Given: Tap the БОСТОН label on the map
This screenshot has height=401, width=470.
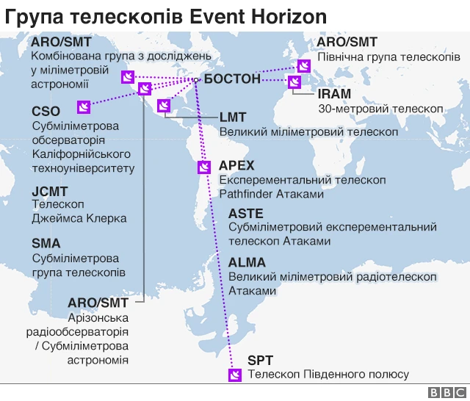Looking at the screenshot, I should pos(231,78).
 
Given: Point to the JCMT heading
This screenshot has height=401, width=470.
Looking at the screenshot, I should pos(50,191).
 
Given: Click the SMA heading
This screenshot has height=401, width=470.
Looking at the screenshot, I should pos(46,243).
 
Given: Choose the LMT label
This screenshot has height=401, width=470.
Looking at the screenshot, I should pos(233,117).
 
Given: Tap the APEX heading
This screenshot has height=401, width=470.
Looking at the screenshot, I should pos(236,166).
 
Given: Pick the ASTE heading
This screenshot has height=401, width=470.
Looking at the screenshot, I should pos(246,214).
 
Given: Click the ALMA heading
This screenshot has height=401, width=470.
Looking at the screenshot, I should pos(247,262).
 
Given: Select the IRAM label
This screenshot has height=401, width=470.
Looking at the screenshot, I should pos(334,93).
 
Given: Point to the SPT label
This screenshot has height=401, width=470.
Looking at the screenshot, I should pos(260,361).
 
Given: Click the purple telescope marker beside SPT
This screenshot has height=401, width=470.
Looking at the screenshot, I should pos(235,375).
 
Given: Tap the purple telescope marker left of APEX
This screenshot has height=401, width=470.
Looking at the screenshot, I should pos(204,167).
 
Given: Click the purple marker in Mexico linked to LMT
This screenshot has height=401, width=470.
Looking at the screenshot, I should pos(164,106).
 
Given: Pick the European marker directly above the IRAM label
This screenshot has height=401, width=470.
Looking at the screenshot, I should pos(294,82).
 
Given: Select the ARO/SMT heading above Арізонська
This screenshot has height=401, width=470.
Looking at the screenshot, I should pos(98,303).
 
